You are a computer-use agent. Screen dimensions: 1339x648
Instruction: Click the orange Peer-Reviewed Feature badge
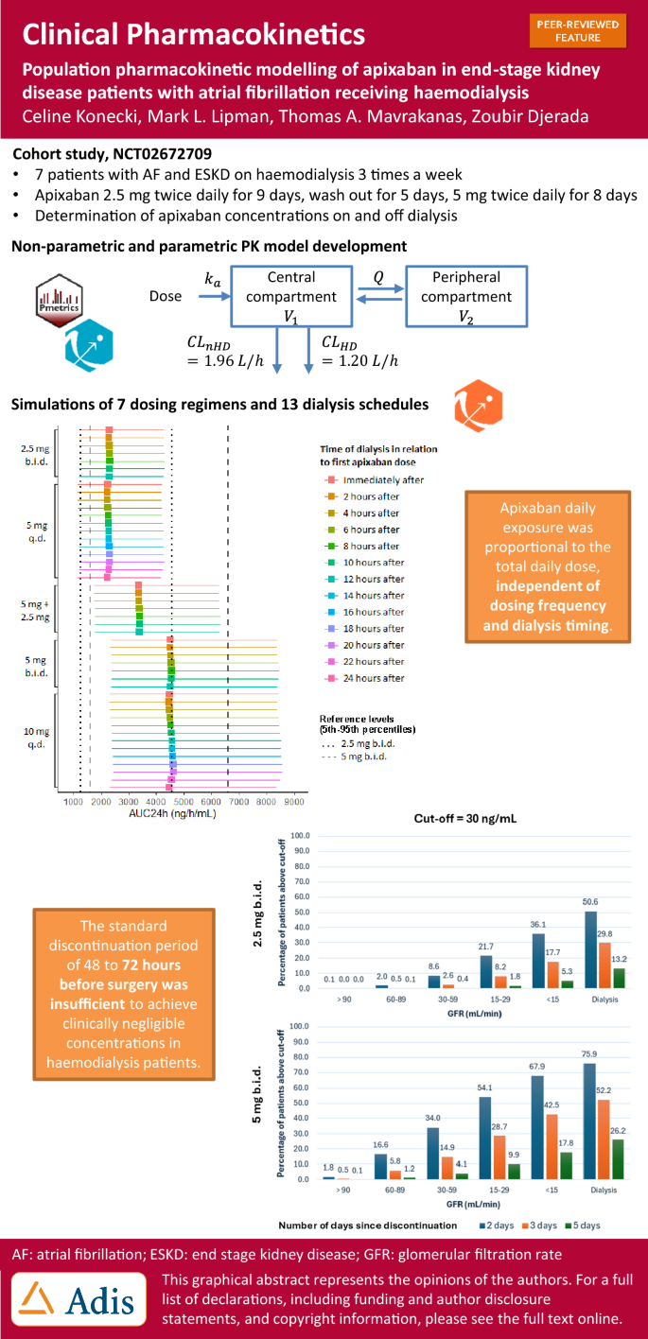tap(578, 31)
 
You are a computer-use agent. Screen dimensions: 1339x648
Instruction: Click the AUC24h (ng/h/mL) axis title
tap(171, 813)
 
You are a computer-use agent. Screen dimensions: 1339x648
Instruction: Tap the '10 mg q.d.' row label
tap(36, 737)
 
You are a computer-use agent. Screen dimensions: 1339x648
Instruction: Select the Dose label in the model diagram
tap(166, 296)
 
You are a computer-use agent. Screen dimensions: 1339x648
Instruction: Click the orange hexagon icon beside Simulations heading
tap(478, 404)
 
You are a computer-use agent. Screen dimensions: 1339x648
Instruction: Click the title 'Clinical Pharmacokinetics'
tap(193, 35)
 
